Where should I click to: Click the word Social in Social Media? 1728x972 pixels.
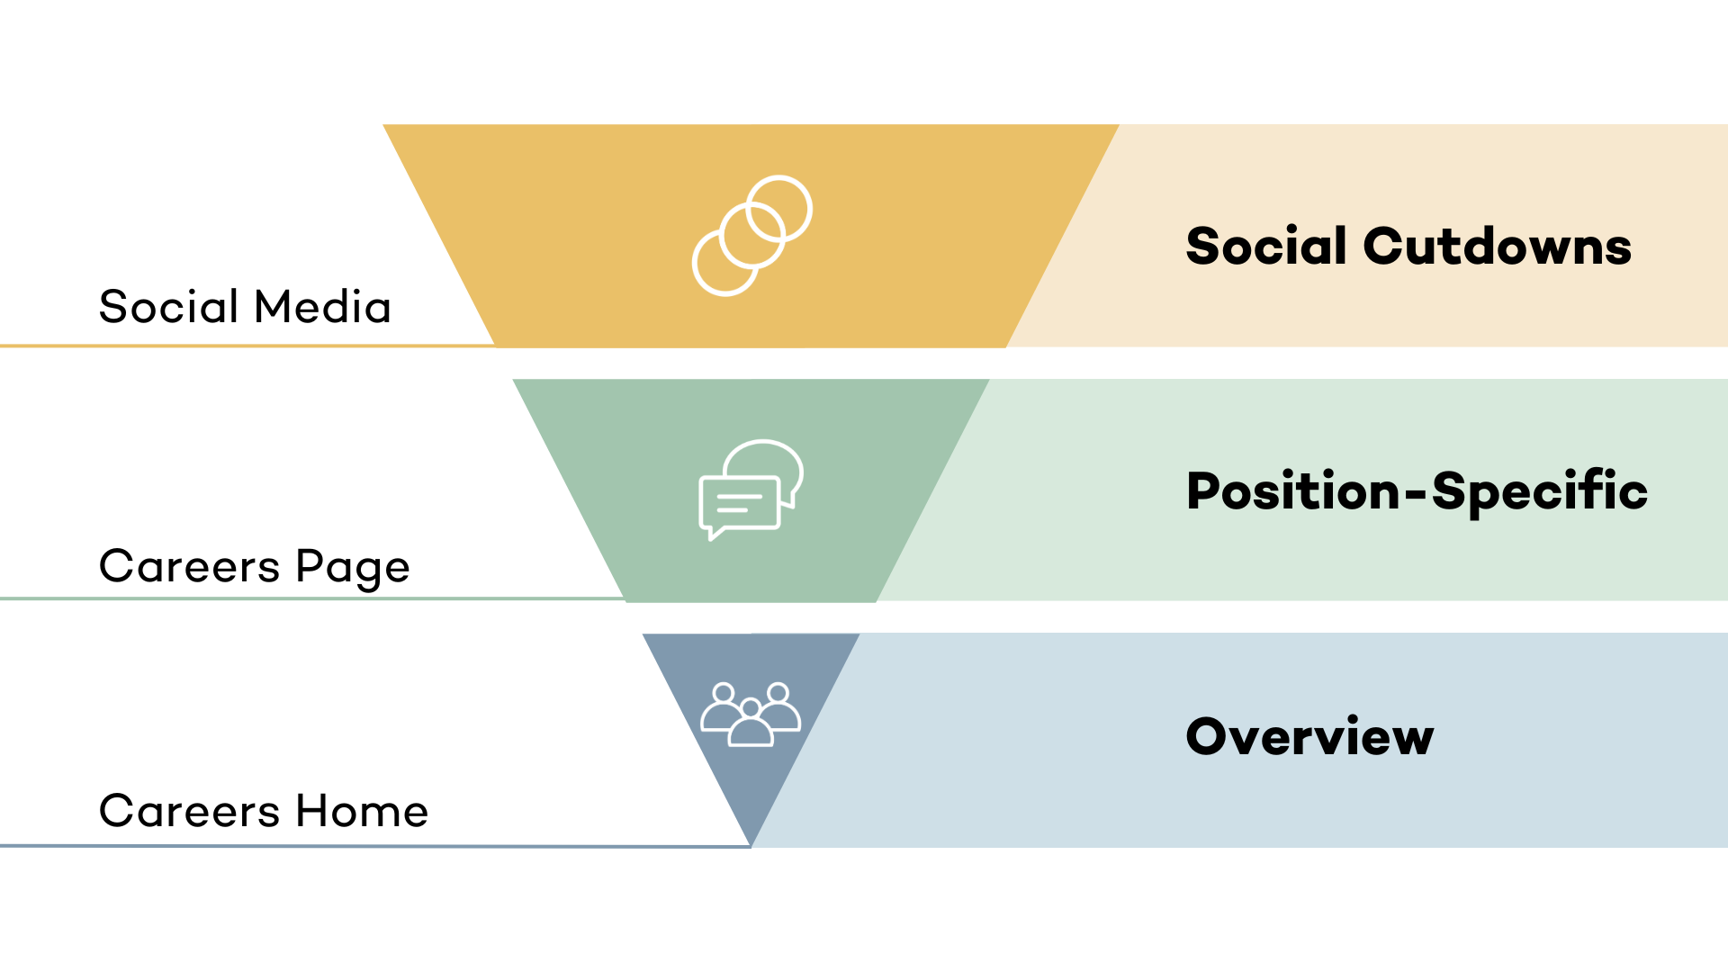click(x=168, y=307)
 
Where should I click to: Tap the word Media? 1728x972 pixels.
click(x=323, y=307)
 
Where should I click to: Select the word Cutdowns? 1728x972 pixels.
click(x=1498, y=247)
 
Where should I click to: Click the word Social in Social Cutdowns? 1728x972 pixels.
click(x=1266, y=247)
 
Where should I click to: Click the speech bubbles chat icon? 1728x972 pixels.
click(x=751, y=490)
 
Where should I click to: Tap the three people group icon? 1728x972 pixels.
click(x=751, y=715)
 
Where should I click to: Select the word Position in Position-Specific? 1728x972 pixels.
click(x=1293, y=491)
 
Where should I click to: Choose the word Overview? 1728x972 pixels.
click(x=1309, y=736)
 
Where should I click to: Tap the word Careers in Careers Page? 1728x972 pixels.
click(x=190, y=567)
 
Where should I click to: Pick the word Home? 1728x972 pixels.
click(x=363, y=811)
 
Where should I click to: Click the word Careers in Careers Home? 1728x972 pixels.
click(x=190, y=811)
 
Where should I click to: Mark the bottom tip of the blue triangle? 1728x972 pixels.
click(x=751, y=847)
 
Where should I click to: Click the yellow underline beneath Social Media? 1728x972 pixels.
click(x=247, y=346)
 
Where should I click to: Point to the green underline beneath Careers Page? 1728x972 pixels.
click(x=312, y=598)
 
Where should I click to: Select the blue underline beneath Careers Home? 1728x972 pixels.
click(x=375, y=846)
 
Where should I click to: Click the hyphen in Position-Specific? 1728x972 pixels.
click(x=1417, y=494)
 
